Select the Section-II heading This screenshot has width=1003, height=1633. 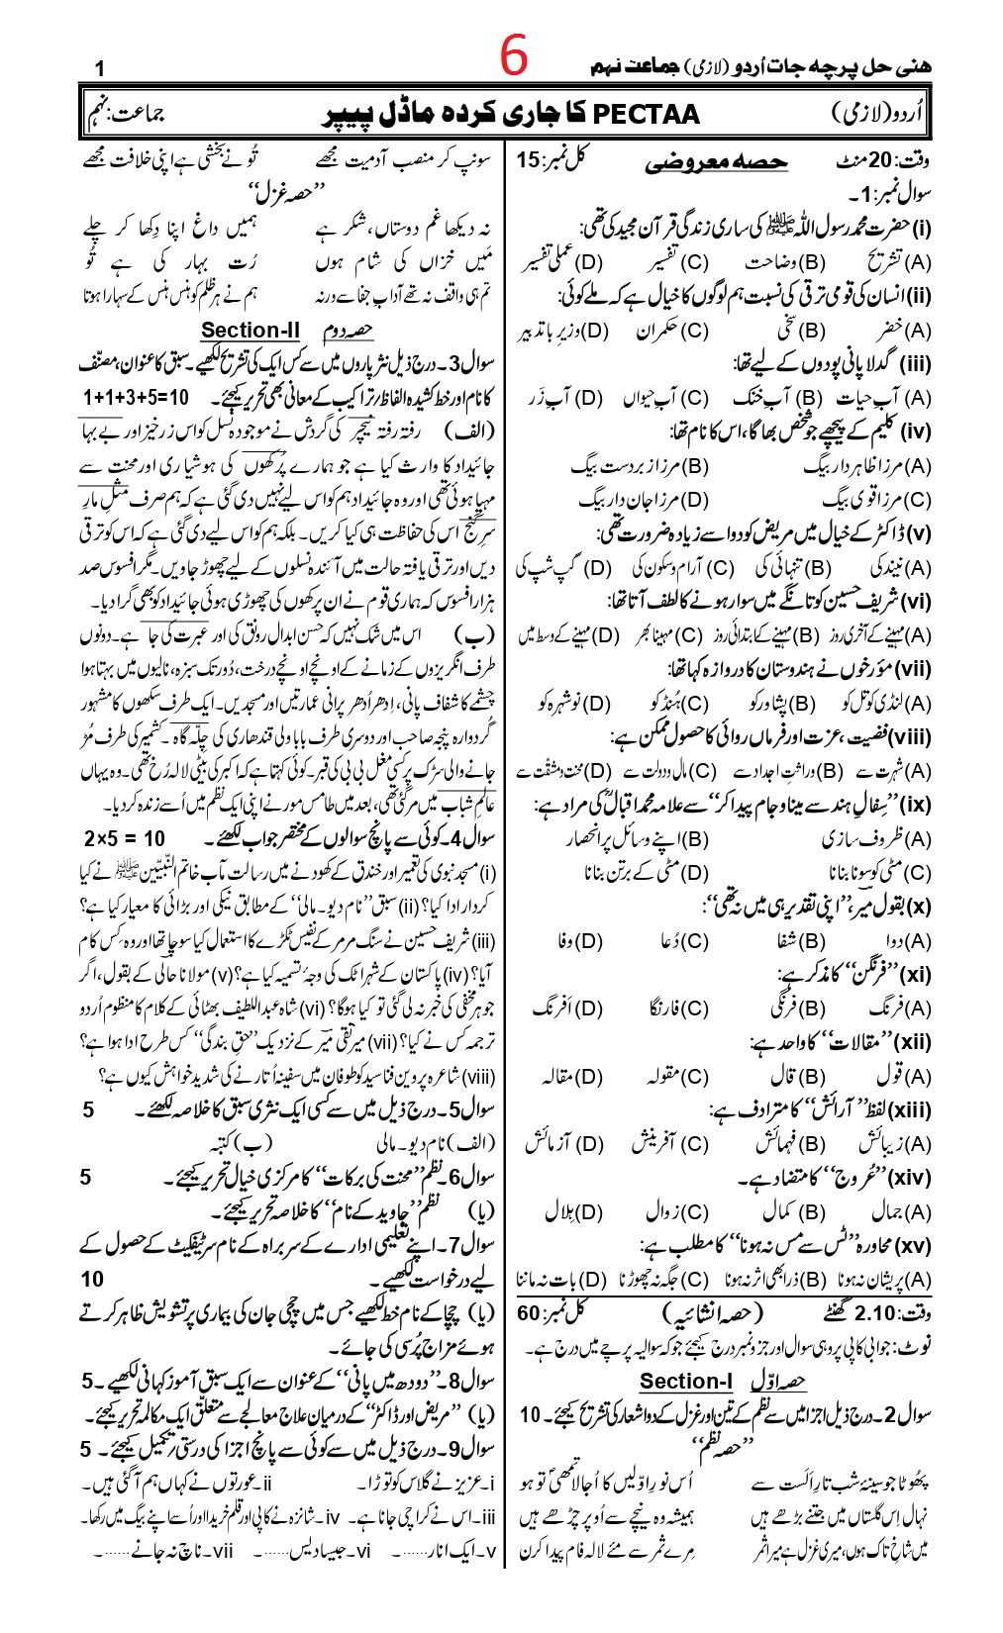pos(251,331)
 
